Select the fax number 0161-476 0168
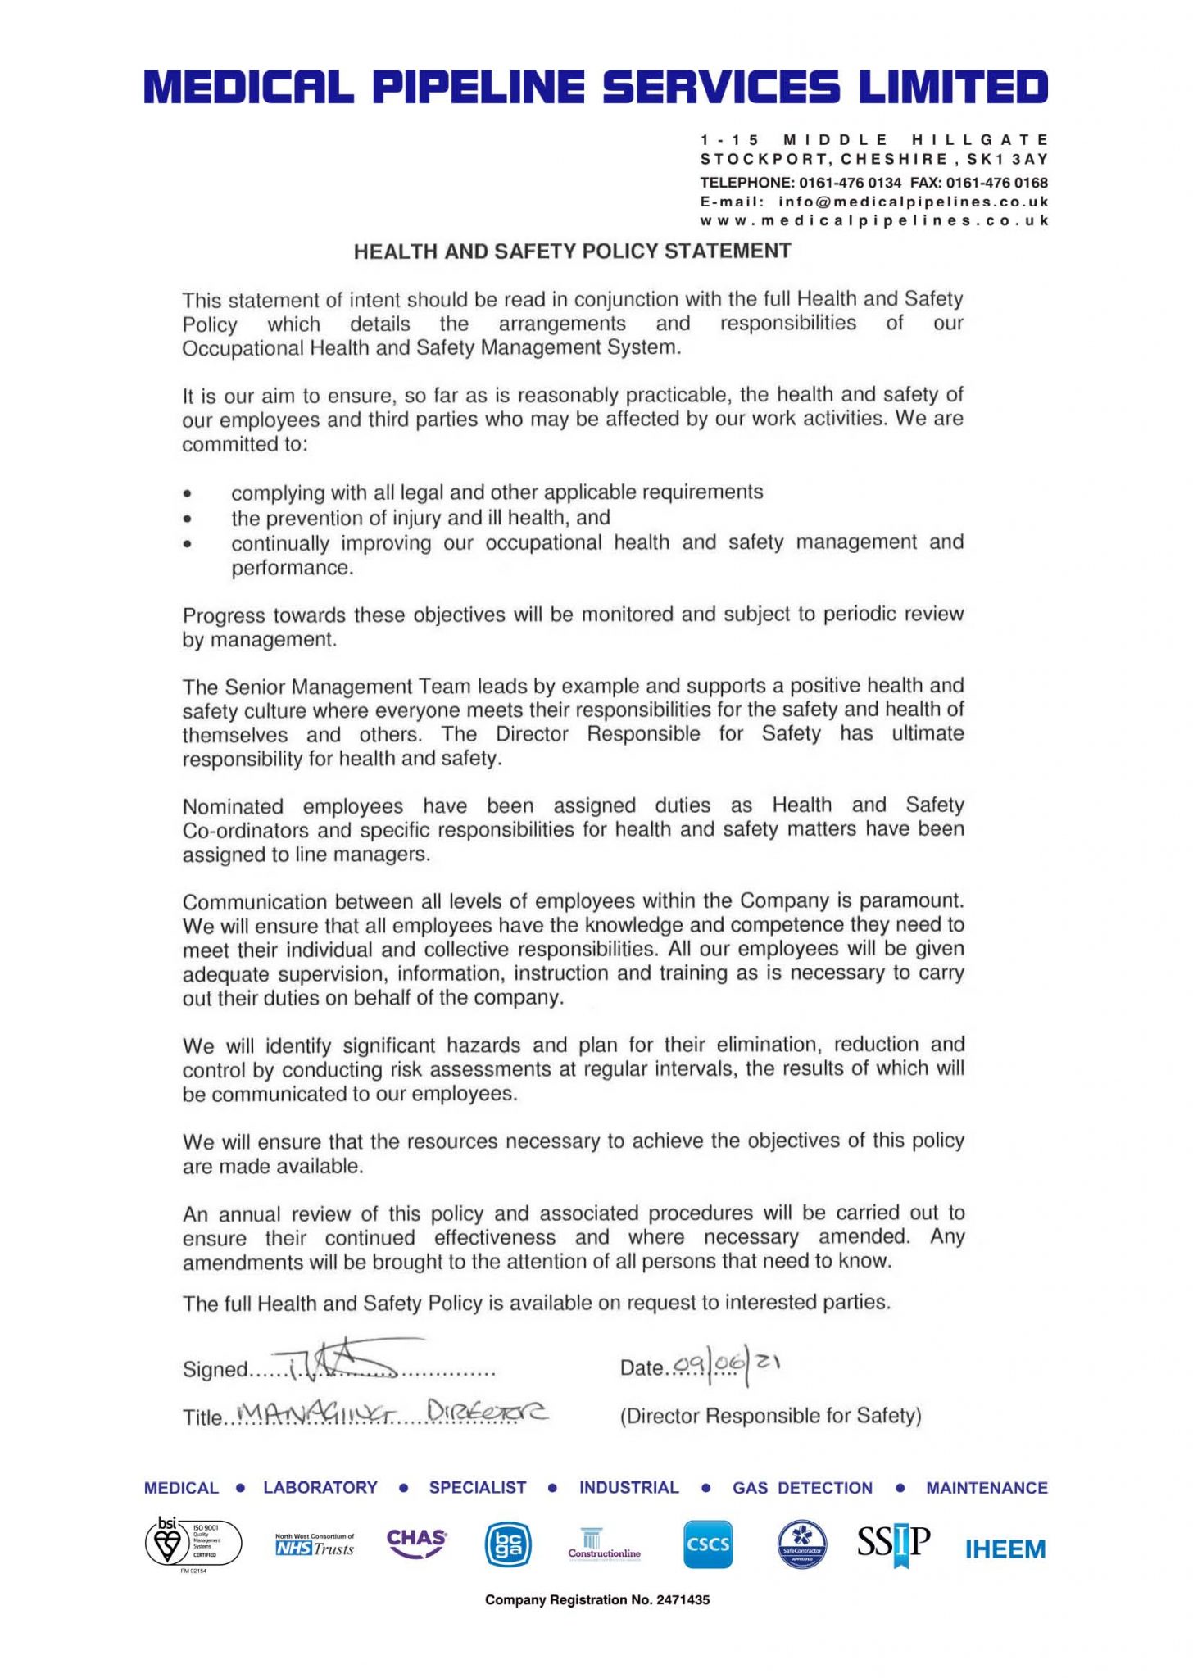pos(1000,182)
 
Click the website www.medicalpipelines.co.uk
pos(873,221)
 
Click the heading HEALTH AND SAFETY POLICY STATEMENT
pos(572,252)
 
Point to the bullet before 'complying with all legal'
pos(188,494)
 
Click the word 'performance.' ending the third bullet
pos(292,569)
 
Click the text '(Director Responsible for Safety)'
pos(770,1416)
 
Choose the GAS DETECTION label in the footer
pos(802,1488)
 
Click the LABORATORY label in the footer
pos(320,1488)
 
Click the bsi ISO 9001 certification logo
pos(192,1544)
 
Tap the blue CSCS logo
pos(707,1545)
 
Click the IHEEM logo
pos(1005,1549)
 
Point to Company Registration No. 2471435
pos(596,1600)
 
